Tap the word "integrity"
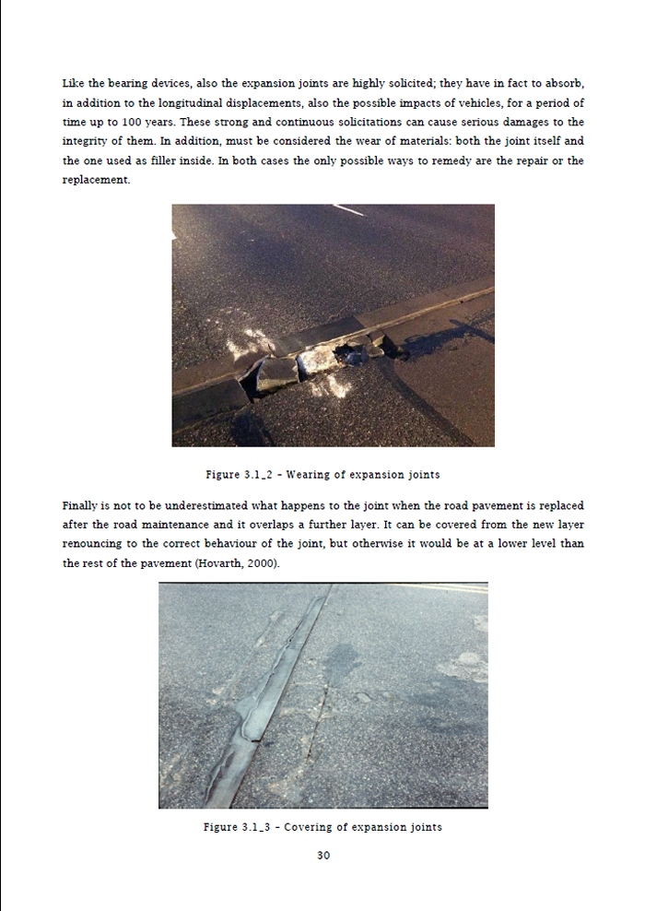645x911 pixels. point(86,141)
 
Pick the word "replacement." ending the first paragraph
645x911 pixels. point(97,180)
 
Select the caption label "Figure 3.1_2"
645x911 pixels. point(237,476)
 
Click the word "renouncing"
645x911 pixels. point(97,544)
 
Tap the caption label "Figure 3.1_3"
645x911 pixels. point(236,827)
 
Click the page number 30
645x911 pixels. point(323,856)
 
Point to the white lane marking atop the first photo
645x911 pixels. point(349,211)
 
